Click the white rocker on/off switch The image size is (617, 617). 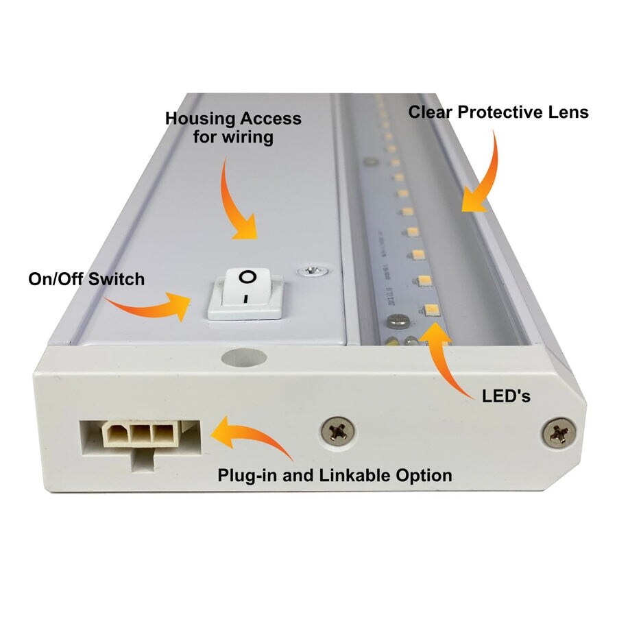pos(245,293)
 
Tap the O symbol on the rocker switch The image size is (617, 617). pos(247,278)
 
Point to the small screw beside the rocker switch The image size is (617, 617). pos(313,271)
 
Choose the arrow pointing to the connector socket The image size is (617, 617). pos(250,439)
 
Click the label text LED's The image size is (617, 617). pos(506,396)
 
